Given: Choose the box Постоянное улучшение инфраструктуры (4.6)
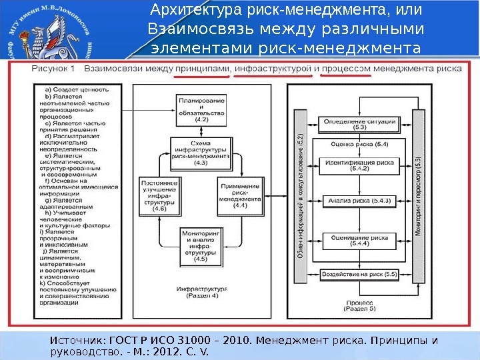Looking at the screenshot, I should [x=159, y=195].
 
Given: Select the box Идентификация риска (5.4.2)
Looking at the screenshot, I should [x=359, y=165].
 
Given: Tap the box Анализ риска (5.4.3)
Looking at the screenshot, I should [x=359, y=199].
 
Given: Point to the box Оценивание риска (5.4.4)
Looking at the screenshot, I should [x=359, y=240].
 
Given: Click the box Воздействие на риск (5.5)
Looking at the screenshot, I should [x=359, y=273].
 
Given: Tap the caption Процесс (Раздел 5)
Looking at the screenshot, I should [x=361, y=305].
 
